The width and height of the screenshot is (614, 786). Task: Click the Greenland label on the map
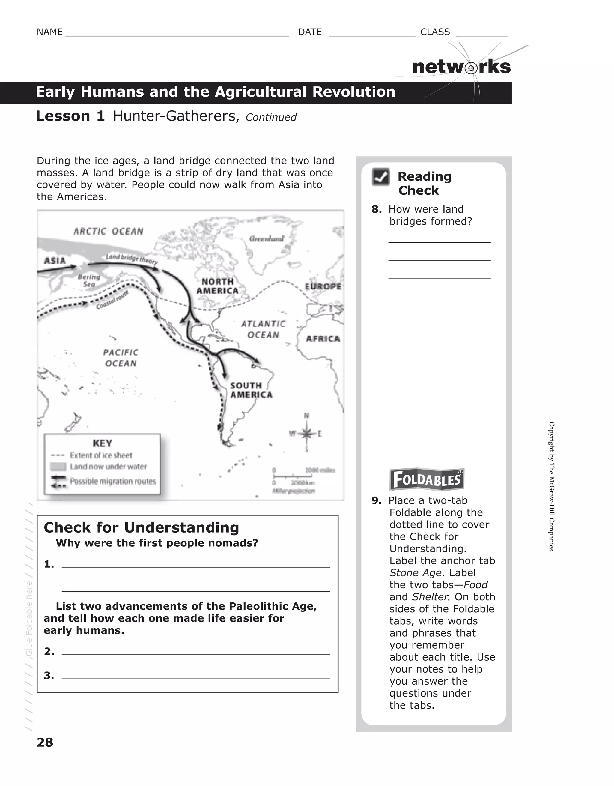click(x=267, y=238)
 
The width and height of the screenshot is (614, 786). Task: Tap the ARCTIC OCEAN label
click(x=108, y=231)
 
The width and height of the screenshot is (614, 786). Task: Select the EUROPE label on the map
click(x=323, y=286)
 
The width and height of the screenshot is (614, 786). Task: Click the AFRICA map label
click(x=323, y=339)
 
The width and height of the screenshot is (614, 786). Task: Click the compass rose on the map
click(x=306, y=434)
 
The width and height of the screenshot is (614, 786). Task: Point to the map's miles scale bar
click(x=304, y=472)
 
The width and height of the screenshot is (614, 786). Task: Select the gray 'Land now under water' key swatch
click(x=58, y=466)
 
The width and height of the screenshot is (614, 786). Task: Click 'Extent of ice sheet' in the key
click(x=101, y=455)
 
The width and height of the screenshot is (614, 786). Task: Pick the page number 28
click(x=45, y=742)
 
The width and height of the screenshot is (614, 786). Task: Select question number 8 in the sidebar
click(x=376, y=209)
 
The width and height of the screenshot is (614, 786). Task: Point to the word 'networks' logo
click(x=461, y=67)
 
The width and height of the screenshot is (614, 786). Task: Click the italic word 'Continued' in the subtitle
click(x=271, y=117)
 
